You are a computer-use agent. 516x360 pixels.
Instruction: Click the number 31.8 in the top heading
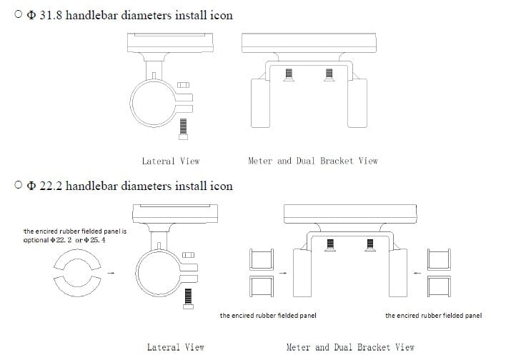[49, 15]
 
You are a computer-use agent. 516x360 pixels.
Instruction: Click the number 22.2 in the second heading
[49, 186]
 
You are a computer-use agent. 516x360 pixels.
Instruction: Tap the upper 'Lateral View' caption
[170, 161]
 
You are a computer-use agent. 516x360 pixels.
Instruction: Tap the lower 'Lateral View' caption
[176, 347]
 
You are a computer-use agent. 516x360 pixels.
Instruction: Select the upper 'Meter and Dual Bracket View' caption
[312, 161]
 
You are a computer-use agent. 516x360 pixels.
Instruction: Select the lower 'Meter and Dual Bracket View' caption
[350, 347]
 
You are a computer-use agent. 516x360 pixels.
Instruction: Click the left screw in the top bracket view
[289, 74]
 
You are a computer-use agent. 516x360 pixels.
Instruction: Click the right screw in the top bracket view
[329, 74]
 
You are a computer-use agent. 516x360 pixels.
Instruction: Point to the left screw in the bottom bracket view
[330, 244]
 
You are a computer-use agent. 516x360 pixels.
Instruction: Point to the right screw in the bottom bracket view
[369, 244]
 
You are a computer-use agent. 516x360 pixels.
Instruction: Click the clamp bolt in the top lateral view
[184, 128]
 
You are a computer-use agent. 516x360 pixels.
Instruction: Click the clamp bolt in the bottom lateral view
[189, 297]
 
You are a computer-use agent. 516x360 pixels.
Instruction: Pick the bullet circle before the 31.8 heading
[18, 15]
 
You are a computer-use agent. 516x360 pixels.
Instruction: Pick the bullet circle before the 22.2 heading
[18, 186]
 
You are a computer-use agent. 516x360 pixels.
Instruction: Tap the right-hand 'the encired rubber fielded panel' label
[433, 315]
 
